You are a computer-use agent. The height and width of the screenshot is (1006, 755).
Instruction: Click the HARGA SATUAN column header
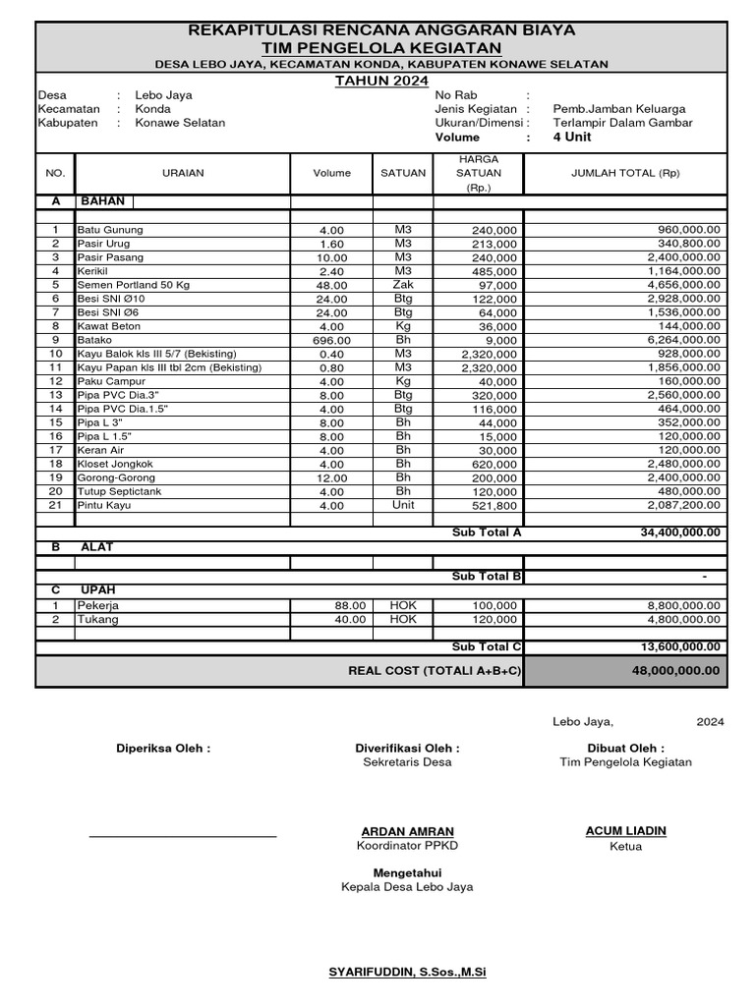pyautogui.click(x=479, y=173)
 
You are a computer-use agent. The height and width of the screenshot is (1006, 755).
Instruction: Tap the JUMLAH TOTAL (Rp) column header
pyautogui.click(x=625, y=173)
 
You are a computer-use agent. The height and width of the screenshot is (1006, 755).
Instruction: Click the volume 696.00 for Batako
pyautogui.click(x=332, y=340)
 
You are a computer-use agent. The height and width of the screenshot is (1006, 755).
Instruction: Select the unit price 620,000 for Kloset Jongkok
pyautogui.click(x=494, y=464)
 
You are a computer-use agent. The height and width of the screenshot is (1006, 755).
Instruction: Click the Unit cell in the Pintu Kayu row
pyautogui.click(x=403, y=505)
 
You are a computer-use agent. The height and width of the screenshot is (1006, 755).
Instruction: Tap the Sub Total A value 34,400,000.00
pyautogui.click(x=679, y=532)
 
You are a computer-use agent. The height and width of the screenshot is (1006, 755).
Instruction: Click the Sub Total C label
pyautogui.click(x=487, y=646)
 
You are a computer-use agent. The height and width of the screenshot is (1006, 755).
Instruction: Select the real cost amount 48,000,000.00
pyautogui.click(x=678, y=671)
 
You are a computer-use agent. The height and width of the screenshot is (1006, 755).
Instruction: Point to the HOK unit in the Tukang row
pyautogui.click(x=403, y=620)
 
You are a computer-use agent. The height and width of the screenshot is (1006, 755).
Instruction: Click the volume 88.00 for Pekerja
pyautogui.click(x=350, y=606)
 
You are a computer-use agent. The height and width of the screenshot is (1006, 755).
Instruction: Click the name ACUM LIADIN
pyautogui.click(x=625, y=831)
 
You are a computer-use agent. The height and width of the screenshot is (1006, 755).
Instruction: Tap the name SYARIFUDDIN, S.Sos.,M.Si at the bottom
pyautogui.click(x=407, y=973)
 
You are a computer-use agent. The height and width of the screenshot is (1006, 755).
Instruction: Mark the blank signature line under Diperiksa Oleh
pyautogui.click(x=183, y=836)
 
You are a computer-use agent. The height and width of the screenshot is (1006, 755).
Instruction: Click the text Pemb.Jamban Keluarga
pyautogui.click(x=619, y=109)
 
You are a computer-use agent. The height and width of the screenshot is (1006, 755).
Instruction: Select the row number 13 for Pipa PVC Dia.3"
pyautogui.click(x=56, y=395)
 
